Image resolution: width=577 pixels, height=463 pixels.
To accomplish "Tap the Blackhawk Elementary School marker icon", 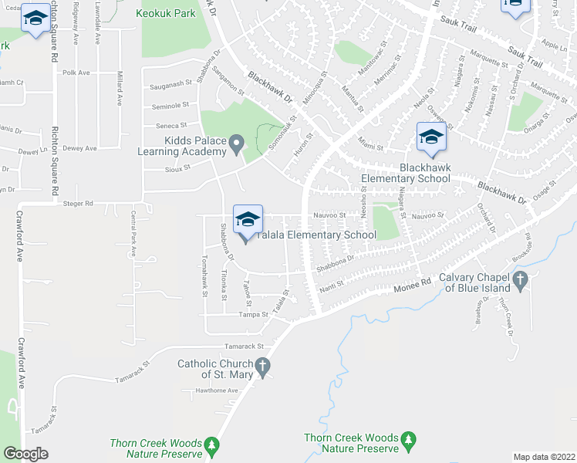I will click(431, 138).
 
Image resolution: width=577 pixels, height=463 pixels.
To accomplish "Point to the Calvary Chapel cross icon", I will click(520, 282).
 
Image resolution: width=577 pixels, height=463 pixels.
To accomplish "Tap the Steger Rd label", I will click(79, 204).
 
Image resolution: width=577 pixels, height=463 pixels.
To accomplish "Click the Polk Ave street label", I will click(76, 73).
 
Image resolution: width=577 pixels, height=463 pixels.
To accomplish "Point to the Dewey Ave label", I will click(80, 148).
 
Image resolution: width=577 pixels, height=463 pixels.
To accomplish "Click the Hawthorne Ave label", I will click(217, 390).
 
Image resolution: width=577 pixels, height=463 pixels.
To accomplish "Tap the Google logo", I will click(25, 454).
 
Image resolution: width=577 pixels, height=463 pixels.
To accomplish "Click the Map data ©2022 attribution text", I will click(545, 457).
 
